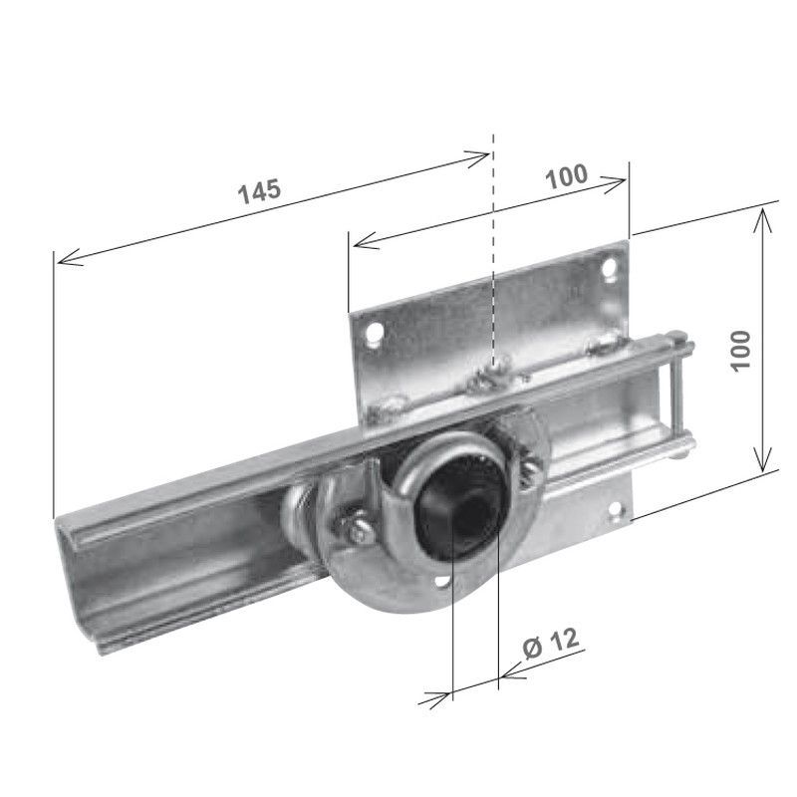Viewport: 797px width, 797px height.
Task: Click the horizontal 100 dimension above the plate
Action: tap(566, 176)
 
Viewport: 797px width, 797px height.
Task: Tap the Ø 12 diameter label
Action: tap(550, 646)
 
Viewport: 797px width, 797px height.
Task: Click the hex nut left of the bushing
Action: tap(356, 531)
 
